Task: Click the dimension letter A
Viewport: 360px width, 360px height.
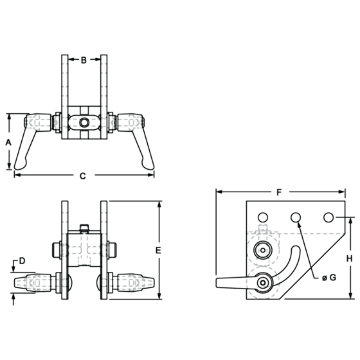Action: tap(8, 142)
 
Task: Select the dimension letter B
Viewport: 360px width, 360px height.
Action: tap(84, 60)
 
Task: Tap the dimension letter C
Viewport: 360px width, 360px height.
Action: tap(83, 176)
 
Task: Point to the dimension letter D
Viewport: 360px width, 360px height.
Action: tap(22, 261)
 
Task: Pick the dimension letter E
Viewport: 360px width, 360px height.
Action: tap(158, 250)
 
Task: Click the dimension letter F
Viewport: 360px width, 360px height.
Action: tap(279, 192)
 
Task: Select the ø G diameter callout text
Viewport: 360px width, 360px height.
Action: tap(329, 278)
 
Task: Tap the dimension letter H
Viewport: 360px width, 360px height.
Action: tap(349, 258)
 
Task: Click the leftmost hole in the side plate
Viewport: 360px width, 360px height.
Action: tap(263, 217)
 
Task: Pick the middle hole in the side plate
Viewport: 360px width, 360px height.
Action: tap(296, 217)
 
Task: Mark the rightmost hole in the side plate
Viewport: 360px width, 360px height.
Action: tap(328, 217)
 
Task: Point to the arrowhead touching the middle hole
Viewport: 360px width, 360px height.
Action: tap(298, 224)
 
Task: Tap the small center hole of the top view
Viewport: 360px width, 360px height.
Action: tap(84, 122)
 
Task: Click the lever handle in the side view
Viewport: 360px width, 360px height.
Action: tap(237, 283)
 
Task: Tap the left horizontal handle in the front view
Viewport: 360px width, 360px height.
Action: tap(35, 283)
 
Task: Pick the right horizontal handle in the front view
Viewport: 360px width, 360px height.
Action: tap(134, 283)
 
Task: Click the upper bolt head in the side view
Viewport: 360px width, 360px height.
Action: tap(263, 250)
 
